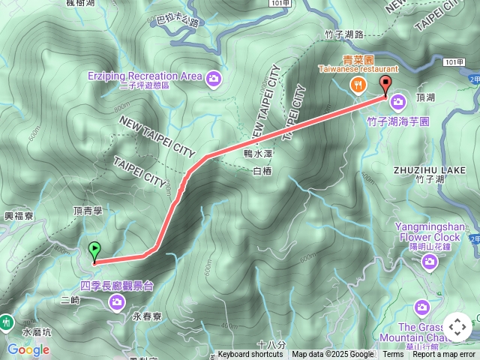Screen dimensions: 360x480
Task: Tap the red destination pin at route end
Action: click(386, 85)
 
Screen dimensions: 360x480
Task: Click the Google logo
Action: click(28, 349)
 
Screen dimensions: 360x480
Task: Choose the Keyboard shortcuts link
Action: click(250, 355)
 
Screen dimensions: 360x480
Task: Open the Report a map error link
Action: click(444, 355)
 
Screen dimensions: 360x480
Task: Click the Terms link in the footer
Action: click(393, 355)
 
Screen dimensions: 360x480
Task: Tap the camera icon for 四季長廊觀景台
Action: click(117, 301)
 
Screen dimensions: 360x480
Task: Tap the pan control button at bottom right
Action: click(457, 327)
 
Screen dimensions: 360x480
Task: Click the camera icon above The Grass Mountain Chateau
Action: click(422, 307)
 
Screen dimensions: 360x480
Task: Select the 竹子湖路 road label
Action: click(344, 34)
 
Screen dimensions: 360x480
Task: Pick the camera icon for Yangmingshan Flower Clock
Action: click(430, 262)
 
